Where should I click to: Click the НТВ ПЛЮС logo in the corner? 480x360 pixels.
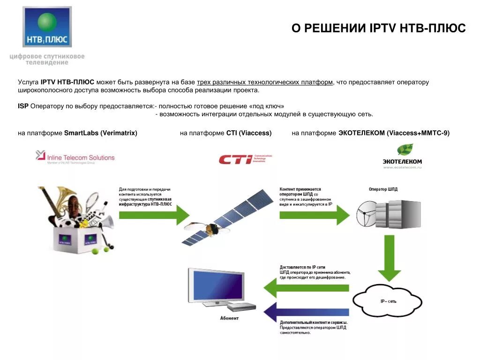tap(47, 27)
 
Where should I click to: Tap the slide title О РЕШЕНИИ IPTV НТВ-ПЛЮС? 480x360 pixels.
tap(378, 29)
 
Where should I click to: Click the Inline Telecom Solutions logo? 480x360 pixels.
tap(75, 157)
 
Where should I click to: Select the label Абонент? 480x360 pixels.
tap(229, 318)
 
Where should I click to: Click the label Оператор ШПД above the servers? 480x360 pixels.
tap(383, 189)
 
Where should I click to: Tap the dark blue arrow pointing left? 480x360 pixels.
tap(307, 312)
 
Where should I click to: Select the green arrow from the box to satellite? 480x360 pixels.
tap(154, 215)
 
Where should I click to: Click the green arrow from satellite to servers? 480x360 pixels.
tap(315, 215)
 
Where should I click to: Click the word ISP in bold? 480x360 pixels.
tap(23, 106)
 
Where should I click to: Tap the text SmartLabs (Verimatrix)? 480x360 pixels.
tap(101, 133)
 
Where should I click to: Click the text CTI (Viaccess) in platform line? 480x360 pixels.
tap(249, 133)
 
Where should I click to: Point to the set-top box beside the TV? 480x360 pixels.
tap(241, 307)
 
